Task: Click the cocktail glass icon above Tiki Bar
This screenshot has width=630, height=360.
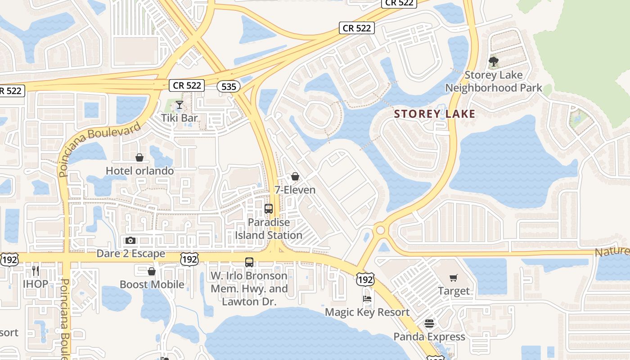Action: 179,105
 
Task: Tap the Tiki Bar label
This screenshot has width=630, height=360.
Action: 180,118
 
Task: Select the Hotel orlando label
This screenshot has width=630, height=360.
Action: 139,171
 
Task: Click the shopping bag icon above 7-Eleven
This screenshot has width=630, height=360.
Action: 295,176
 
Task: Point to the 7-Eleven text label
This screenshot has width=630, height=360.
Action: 295,190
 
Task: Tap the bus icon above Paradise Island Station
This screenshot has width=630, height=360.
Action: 269,209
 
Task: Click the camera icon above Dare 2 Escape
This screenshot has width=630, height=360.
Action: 130,241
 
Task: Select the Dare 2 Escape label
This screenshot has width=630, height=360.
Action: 131,254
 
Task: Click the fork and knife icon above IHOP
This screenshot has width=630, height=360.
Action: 36,270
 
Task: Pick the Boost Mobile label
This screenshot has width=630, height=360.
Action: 152,284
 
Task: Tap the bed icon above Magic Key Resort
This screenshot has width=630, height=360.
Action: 367,299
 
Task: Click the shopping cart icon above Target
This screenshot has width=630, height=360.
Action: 453,278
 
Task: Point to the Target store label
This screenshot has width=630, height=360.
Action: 454,291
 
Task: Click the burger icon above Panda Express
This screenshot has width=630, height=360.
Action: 429,324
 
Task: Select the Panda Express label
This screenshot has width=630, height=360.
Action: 429,337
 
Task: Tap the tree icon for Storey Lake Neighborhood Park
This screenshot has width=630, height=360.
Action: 494,61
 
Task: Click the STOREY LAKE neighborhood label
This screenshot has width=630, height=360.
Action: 435,114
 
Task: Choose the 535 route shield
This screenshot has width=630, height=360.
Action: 229,86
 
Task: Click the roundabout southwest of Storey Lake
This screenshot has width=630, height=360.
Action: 381,230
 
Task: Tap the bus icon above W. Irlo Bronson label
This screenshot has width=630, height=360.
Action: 249,262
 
